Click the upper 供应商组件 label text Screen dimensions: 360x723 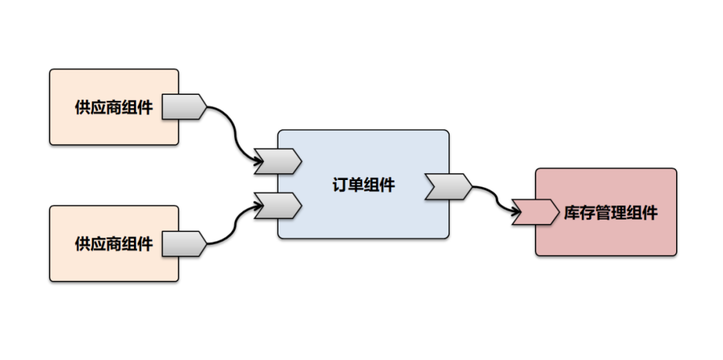[x=113, y=107]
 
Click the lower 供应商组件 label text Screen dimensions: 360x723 [x=113, y=244]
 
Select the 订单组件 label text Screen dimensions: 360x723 [x=364, y=185]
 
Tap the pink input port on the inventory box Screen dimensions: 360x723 [x=536, y=211]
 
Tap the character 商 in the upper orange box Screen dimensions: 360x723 [x=113, y=107]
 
